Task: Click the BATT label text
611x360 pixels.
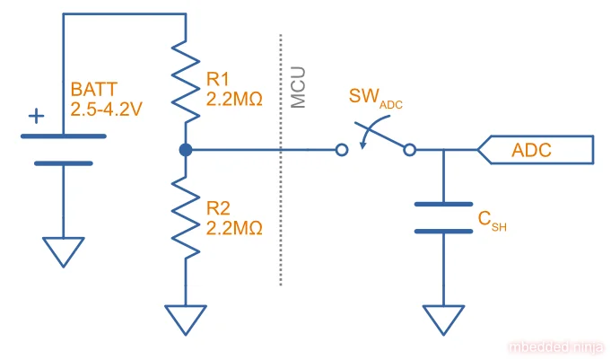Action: [92, 90]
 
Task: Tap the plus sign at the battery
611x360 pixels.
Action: [36, 117]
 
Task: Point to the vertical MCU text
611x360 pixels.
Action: [300, 87]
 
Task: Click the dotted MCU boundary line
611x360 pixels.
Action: [283, 224]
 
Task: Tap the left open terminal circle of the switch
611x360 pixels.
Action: [341, 150]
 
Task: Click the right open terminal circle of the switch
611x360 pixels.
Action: [409, 150]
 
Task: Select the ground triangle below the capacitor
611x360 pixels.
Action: [443, 319]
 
